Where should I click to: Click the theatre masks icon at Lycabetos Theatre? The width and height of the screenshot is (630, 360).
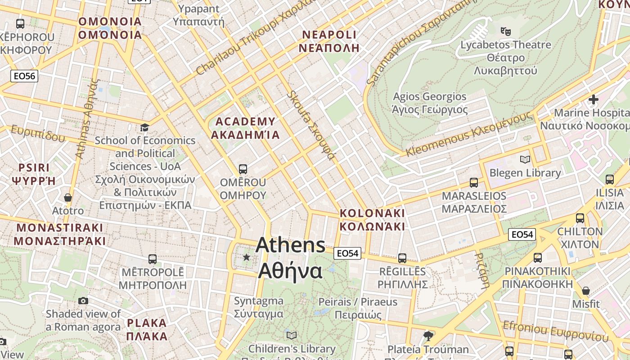pos(506,31)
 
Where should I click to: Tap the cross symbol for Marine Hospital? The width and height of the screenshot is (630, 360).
pos(594,99)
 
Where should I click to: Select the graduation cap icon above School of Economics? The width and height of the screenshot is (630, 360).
pos(144,128)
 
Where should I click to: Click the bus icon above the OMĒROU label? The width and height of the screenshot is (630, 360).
pos(243,169)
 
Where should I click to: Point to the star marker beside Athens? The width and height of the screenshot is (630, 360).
pos(246,257)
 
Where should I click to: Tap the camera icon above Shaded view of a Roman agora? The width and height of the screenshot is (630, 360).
pos(83,301)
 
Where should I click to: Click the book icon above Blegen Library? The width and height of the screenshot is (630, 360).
pos(525,159)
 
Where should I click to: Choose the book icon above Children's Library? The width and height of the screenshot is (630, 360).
pos(292,335)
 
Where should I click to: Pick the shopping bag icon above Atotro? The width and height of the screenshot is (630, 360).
pos(68,198)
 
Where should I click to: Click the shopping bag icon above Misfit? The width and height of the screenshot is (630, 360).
pos(585,291)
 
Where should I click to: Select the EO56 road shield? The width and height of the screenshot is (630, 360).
pos(24,76)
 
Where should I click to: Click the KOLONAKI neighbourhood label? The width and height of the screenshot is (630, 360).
pos(372,220)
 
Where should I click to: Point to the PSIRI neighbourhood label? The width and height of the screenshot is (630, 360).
pos(34,174)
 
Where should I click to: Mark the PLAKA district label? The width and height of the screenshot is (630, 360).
pos(147,329)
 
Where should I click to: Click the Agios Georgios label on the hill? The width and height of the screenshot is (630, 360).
pos(430,103)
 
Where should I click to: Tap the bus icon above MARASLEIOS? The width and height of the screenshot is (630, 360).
pos(474,183)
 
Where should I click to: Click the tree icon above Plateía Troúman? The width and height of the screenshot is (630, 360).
pos(428,336)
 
